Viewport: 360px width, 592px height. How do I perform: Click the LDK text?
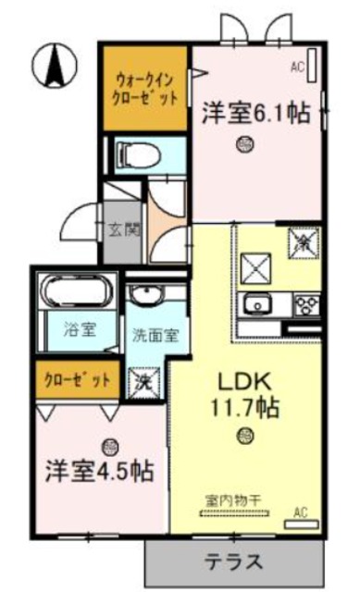pos(243,380)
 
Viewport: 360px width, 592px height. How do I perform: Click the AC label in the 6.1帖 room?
pos(297,67)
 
